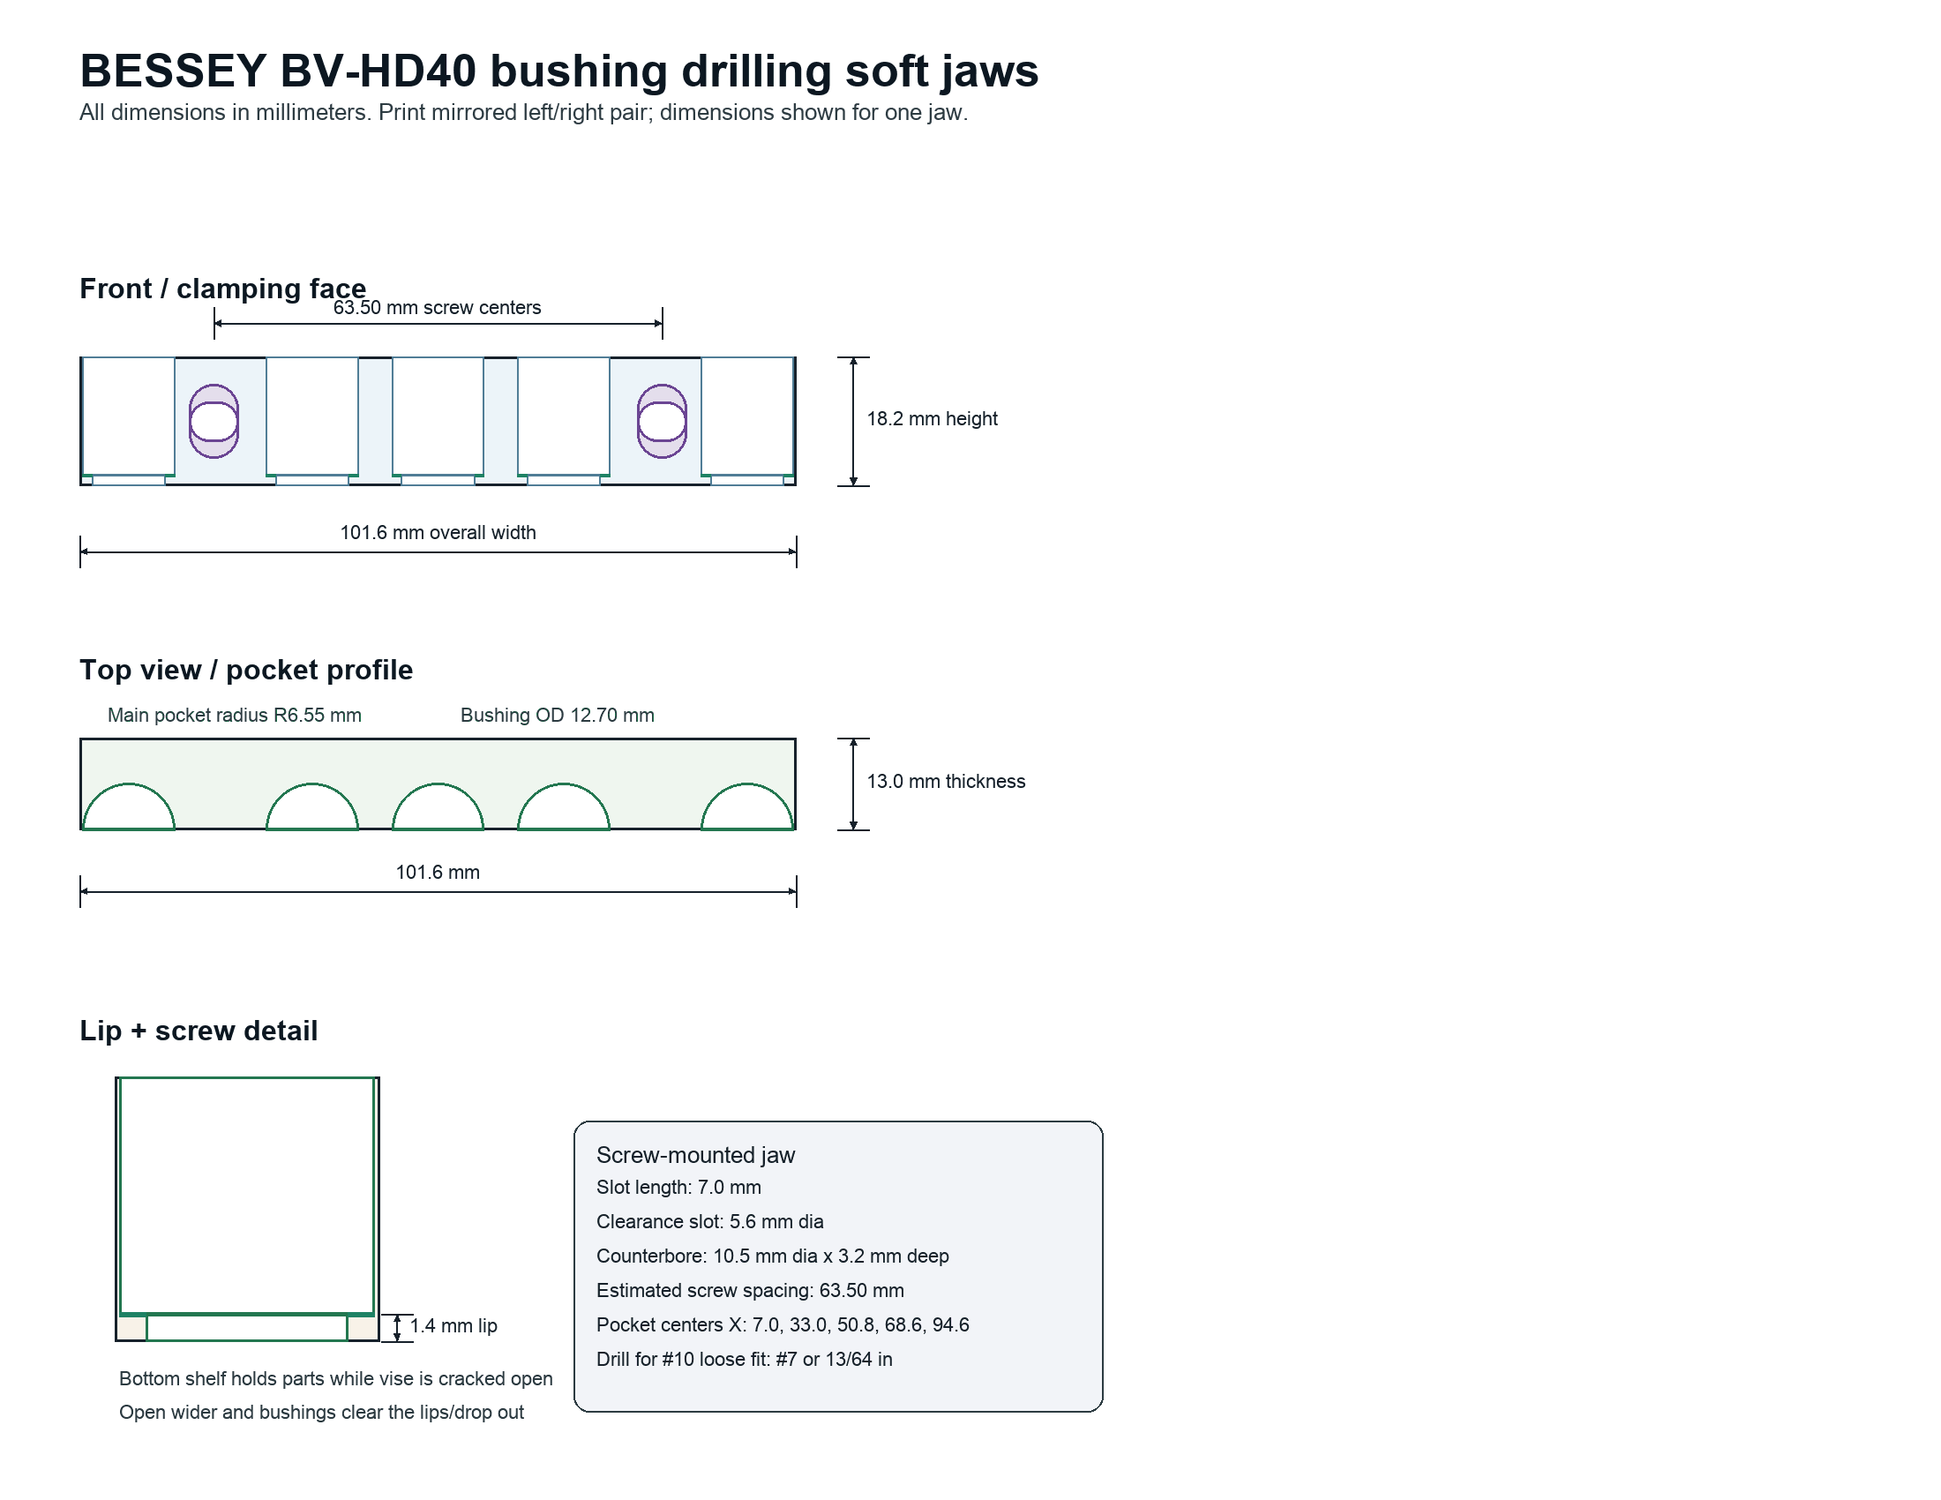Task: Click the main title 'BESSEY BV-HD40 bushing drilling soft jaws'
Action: (559, 71)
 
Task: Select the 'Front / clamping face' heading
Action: (223, 289)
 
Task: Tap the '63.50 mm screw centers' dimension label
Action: (438, 307)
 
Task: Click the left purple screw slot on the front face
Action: (214, 421)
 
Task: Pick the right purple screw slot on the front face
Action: (662, 421)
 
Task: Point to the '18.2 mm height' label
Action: (933, 418)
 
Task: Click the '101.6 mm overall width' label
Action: (438, 532)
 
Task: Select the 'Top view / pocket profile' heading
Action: (246, 670)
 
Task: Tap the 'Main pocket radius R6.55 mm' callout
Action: (235, 716)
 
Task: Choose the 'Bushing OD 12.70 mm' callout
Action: (558, 716)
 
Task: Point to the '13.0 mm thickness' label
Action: (947, 781)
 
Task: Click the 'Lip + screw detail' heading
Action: (199, 1031)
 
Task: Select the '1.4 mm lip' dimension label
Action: (453, 1326)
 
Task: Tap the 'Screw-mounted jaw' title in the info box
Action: (696, 1155)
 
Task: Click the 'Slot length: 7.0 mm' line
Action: (679, 1187)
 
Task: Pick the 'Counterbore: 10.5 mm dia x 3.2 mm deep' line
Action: (772, 1256)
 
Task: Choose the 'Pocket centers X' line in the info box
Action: (783, 1325)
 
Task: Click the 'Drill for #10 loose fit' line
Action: (745, 1360)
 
